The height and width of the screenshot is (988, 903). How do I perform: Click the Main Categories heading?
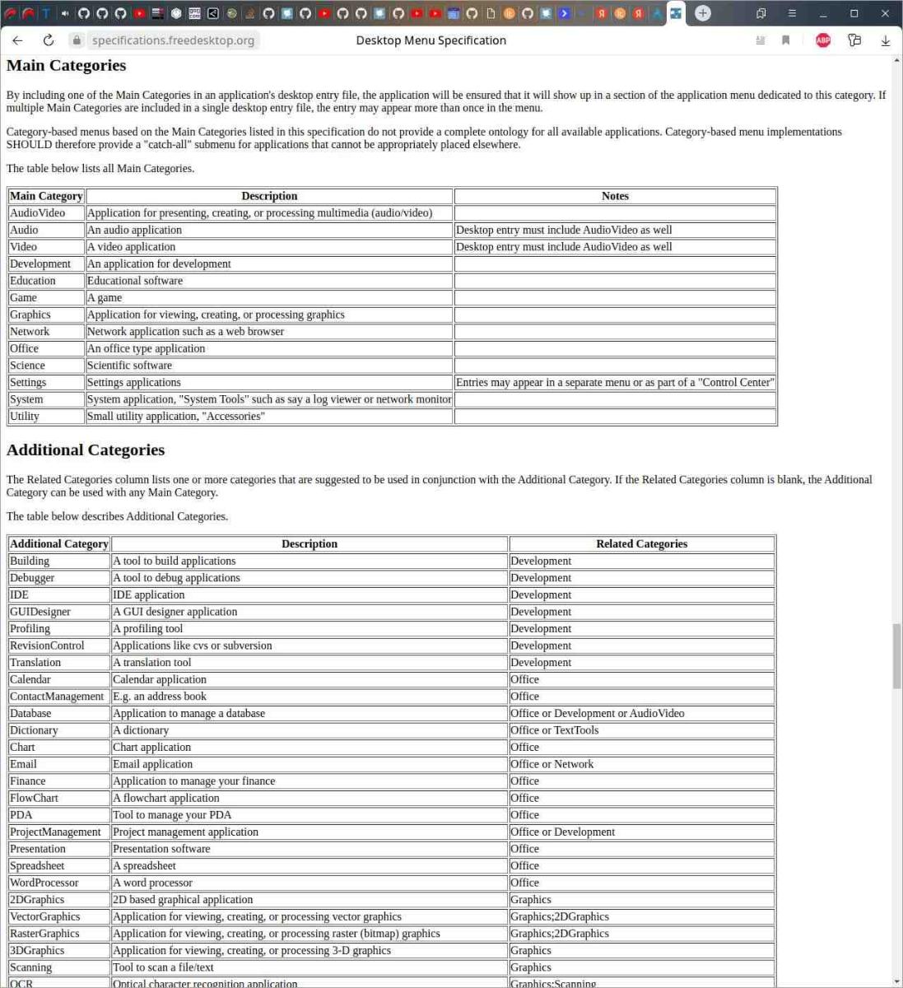point(67,66)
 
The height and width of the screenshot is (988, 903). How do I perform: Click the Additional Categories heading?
point(86,450)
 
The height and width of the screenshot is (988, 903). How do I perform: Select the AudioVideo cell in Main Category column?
point(38,213)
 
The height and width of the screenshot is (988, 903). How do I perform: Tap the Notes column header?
point(615,196)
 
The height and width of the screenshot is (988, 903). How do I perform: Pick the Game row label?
point(24,298)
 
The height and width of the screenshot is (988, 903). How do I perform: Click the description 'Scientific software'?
point(130,366)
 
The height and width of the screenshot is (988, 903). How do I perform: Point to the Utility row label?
point(25,417)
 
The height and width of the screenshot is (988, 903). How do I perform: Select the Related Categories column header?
point(641,544)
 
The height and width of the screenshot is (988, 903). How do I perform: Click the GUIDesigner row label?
point(40,612)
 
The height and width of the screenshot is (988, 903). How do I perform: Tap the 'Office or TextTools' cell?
point(555,730)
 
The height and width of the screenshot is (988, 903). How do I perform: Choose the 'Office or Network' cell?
point(552,764)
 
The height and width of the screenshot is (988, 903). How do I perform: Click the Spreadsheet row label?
point(37,866)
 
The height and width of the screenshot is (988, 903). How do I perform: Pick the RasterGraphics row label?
point(45,934)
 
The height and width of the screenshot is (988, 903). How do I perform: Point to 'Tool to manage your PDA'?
point(172,815)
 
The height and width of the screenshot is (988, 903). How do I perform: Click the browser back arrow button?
point(17,40)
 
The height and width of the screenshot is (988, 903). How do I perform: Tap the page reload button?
point(49,40)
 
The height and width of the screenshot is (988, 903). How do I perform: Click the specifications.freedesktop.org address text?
point(173,40)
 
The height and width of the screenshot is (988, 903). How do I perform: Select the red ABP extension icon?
point(822,40)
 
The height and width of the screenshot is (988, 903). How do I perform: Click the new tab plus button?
point(703,13)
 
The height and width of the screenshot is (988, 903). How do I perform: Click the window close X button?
point(885,13)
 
